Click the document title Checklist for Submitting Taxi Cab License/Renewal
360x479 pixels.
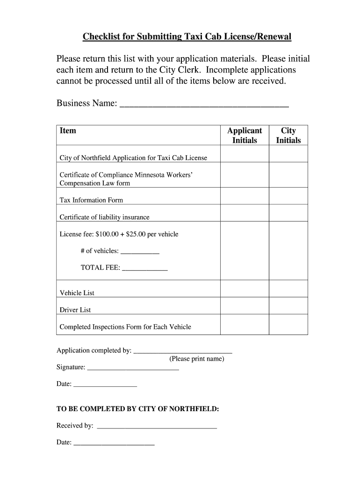point(187,37)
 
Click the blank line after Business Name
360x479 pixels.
point(204,103)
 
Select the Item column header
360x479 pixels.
point(68,131)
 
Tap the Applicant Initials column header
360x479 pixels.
point(245,135)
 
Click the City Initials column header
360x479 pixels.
point(288,135)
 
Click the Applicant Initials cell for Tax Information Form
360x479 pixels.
point(245,196)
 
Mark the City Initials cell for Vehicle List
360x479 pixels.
point(288,289)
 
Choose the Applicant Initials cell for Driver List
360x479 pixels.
point(245,305)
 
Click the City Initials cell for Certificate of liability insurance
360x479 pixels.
point(288,213)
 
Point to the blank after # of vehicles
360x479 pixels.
point(140,252)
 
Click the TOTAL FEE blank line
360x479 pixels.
point(144,269)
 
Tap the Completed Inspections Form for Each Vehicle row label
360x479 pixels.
point(125,327)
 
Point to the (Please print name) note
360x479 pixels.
point(197,359)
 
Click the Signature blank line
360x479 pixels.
point(133,368)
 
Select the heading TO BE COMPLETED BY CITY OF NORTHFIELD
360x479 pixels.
point(138,409)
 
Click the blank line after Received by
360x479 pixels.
point(156,427)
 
